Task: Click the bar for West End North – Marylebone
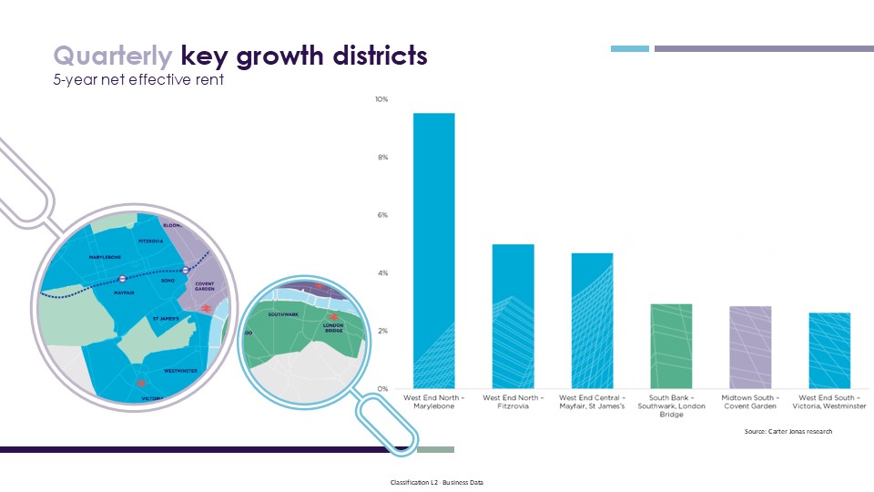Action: pos(433,251)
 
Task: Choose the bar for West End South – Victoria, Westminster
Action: pos(829,351)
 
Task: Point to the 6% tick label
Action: pos(382,215)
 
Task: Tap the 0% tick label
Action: pos(382,389)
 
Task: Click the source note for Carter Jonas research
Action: pos(788,431)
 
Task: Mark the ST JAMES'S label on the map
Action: pos(166,319)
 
